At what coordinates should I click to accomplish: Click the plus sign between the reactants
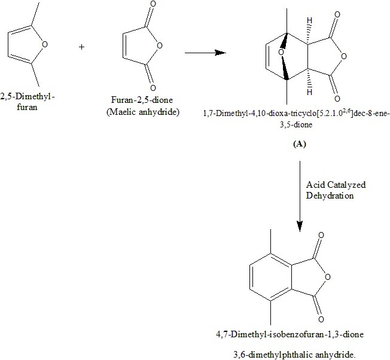[81, 46]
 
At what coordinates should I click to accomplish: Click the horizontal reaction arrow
[205, 53]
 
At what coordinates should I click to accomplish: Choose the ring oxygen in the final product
[346, 277]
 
